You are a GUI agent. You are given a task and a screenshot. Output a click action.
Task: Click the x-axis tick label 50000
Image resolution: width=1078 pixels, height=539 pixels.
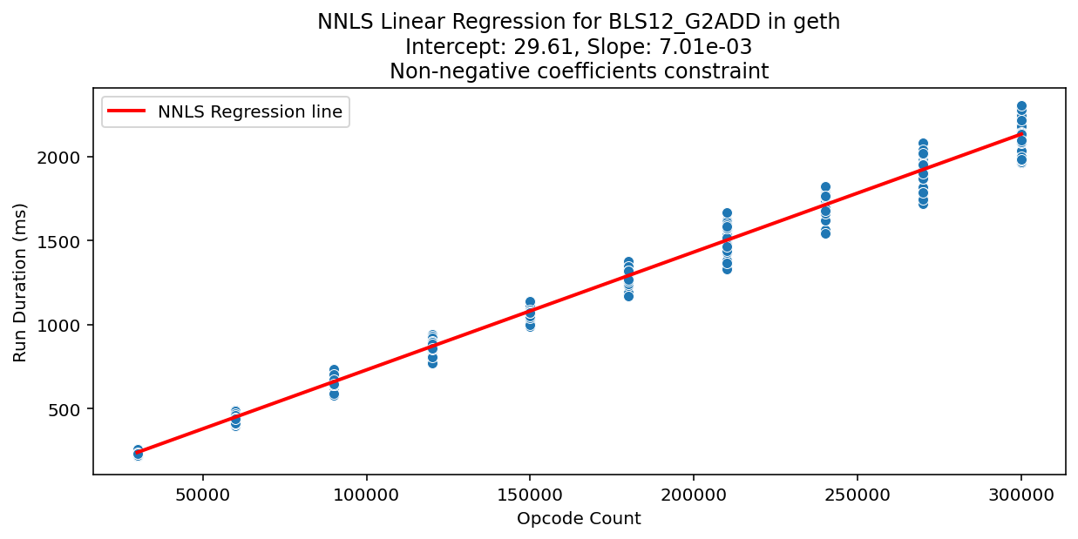tap(202, 495)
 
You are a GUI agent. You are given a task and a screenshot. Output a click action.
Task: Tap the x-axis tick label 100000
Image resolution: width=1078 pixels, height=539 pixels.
tap(366, 495)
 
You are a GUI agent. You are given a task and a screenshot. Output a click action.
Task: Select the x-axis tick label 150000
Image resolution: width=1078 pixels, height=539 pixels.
tap(530, 495)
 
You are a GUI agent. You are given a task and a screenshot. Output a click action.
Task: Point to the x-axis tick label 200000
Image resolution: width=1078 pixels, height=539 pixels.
tap(694, 495)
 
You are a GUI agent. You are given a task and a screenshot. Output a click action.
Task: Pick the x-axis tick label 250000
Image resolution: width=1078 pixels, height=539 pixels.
tap(858, 495)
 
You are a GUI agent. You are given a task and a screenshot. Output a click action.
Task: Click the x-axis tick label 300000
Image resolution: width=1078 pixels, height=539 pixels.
tap(1021, 495)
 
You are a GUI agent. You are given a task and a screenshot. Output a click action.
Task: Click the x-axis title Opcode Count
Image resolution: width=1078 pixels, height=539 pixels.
tap(579, 519)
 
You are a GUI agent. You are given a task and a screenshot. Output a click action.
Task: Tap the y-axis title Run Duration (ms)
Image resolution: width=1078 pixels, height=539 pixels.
tap(20, 282)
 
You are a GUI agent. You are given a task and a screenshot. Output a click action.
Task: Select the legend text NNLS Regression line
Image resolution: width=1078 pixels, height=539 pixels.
tap(250, 111)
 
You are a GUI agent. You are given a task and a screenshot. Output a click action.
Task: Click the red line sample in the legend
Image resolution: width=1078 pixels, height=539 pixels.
tap(128, 111)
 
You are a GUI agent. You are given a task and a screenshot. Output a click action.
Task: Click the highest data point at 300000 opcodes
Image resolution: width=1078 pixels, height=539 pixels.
tap(1021, 106)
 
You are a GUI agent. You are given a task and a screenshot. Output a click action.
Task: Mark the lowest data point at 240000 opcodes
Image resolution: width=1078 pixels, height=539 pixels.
tap(825, 233)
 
